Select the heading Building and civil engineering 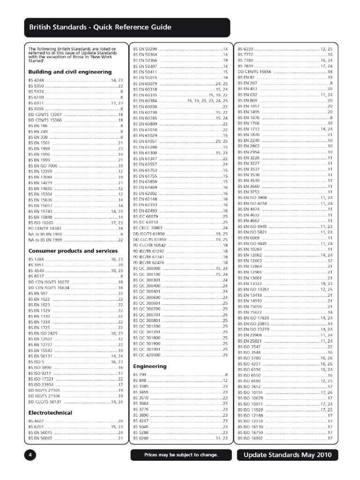coord(70,72)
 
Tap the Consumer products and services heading coord(73,251)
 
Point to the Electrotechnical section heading coord(50,412)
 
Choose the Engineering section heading coord(150,366)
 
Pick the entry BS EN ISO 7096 coord(43,166)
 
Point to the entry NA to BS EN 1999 coord(45,240)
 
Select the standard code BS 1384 coord(36,259)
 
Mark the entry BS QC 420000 coord(147,355)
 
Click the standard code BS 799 coord(140,375)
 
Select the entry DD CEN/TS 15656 coord(255,71)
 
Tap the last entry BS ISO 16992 coord(251,438)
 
